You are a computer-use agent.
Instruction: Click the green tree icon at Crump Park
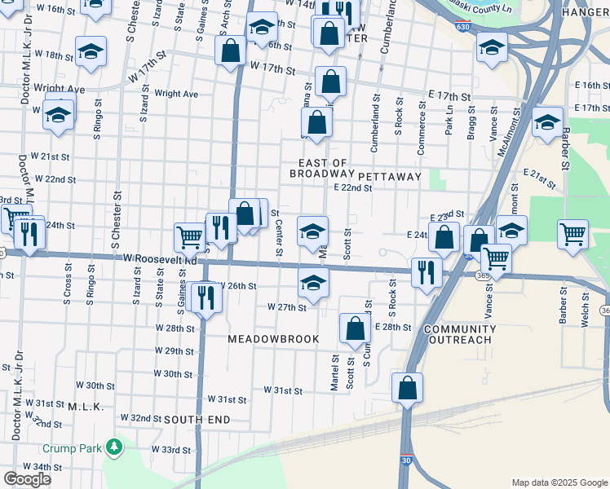(x=115, y=447)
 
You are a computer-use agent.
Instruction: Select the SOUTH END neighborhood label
(x=197, y=420)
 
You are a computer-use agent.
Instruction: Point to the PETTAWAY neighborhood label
(x=389, y=176)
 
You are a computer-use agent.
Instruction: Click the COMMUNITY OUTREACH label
(x=457, y=334)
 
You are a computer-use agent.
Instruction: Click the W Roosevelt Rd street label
(x=161, y=260)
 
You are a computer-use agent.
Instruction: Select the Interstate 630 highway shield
(x=463, y=27)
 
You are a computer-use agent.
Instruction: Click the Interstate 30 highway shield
(x=404, y=460)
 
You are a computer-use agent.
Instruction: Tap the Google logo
(x=27, y=479)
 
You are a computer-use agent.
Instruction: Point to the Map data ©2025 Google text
(x=559, y=482)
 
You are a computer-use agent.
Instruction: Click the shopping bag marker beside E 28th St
(x=355, y=329)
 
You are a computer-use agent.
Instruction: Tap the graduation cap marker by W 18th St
(x=91, y=52)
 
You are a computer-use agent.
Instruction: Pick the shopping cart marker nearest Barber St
(x=573, y=235)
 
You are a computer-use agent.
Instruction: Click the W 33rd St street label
(x=170, y=449)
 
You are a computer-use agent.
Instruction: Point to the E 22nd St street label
(x=352, y=188)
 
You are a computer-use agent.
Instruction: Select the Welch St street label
(x=585, y=315)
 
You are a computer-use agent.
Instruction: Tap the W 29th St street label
(x=174, y=350)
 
